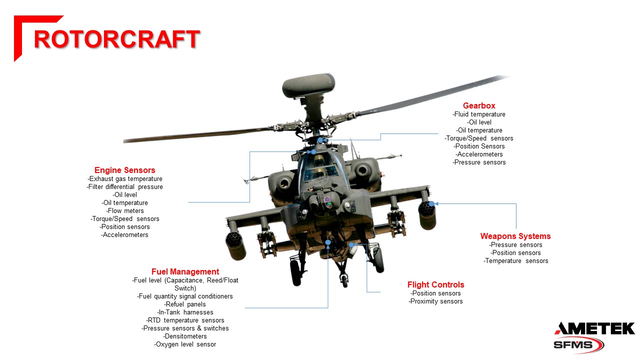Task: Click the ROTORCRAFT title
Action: pyautogui.click(x=116, y=39)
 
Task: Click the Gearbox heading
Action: pyautogui.click(x=479, y=105)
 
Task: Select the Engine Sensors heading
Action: pyautogui.click(x=125, y=170)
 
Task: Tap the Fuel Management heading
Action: pyautogui.click(x=185, y=271)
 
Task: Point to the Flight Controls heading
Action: pyautogui.click(x=435, y=284)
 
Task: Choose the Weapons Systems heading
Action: pyautogui.click(x=515, y=236)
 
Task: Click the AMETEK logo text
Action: pyautogui.click(x=594, y=328)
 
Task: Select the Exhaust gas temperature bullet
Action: pyautogui.click(x=125, y=178)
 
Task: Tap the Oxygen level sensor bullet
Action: pyautogui.click(x=185, y=344)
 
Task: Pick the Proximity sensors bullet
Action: pyautogui.click(x=435, y=301)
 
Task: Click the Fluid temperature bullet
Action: pyautogui.click(x=479, y=114)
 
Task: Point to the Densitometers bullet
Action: pyautogui.click(x=185, y=336)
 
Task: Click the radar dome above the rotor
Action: pyautogui.click(x=308, y=86)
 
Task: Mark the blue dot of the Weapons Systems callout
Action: pyautogui.click(x=431, y=203)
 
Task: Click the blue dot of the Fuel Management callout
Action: pyautogui.click(x=328, y=242)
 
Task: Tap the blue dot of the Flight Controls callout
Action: pyautogui.click(x=352, y=244)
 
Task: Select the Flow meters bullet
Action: pyautogui.click(x=125, y=210)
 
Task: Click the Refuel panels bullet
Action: pyautogui.click(x=185, y=304)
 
